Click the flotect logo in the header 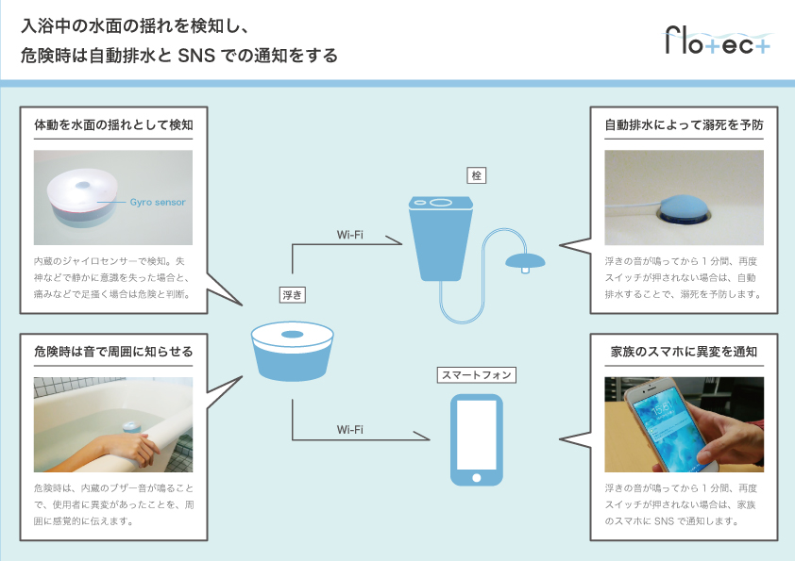[x=719, y=42]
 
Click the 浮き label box [x=292, y=294]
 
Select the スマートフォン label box [x=476, y=374]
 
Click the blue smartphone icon [x=476, y=439]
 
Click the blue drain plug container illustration [x=439, y=236]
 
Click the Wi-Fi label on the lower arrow [x=350, y=429]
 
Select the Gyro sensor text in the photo [x=157, y=202]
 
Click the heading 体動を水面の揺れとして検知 [x=113, y=124]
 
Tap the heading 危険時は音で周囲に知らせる [x=113, y=352]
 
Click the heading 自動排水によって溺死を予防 [x=684, y=124]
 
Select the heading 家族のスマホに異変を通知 [x=684, y=352]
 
